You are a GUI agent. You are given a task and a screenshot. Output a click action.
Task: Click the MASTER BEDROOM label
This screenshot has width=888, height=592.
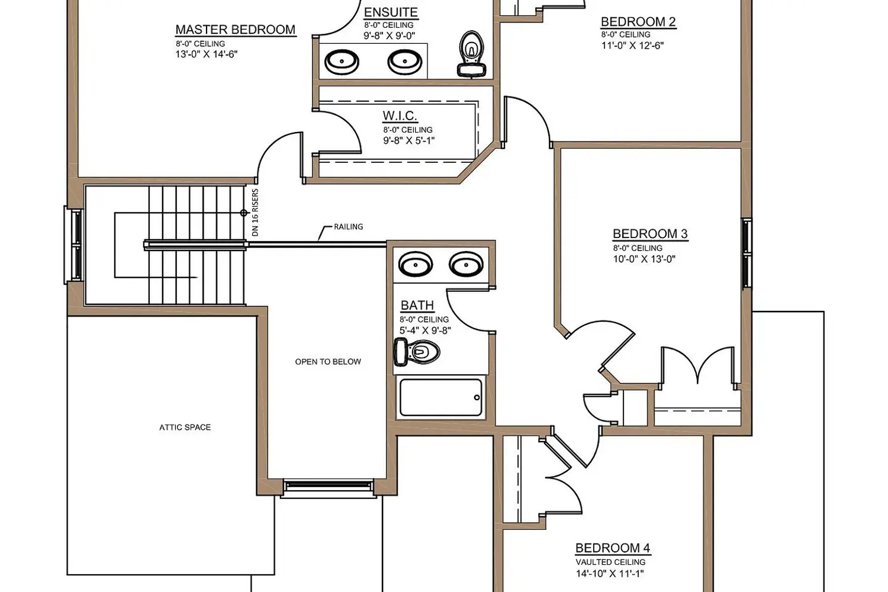click(236, 30)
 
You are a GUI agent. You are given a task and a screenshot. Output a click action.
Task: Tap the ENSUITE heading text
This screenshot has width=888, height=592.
click(391, 12)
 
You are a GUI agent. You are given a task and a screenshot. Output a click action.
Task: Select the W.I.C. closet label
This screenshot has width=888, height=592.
click(400, 116)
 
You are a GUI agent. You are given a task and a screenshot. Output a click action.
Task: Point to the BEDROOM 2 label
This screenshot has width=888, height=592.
click(638, 22)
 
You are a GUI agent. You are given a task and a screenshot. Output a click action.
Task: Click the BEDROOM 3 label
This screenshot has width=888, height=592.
click(650, 234)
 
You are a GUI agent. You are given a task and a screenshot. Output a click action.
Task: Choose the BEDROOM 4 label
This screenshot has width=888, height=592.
click(613, 548)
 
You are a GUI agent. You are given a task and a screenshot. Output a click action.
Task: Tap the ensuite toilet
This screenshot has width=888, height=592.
click(472, 53)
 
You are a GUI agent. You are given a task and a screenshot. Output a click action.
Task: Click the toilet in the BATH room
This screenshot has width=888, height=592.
click(417, 352)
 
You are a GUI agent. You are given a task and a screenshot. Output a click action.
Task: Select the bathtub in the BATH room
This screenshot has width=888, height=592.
click(441, 397)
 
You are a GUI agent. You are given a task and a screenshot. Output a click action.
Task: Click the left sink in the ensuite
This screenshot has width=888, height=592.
click(342, 62)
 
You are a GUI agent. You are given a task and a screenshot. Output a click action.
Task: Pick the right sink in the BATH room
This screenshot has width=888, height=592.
click(466, 263)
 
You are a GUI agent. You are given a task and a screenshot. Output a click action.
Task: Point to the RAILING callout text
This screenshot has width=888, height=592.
click(349, 227)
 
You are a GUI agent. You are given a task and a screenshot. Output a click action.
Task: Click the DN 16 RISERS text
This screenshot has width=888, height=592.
click(255, 213)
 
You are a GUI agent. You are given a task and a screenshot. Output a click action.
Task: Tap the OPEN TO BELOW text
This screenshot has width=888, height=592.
click(328, 362)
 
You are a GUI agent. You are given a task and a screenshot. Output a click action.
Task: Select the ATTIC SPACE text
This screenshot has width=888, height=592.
click(185, 427)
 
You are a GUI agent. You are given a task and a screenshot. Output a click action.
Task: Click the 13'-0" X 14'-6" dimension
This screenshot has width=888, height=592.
click(207, 54)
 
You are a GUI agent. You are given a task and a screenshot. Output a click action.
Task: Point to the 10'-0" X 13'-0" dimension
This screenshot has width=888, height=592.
click(644, 259)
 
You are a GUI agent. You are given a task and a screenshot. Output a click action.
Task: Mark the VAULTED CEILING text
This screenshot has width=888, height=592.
click(610, 562)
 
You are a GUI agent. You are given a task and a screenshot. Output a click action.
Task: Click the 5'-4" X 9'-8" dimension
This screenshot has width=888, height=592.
click(425, 330)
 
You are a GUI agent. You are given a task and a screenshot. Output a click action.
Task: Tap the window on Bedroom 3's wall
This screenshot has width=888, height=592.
click(747, 253)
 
